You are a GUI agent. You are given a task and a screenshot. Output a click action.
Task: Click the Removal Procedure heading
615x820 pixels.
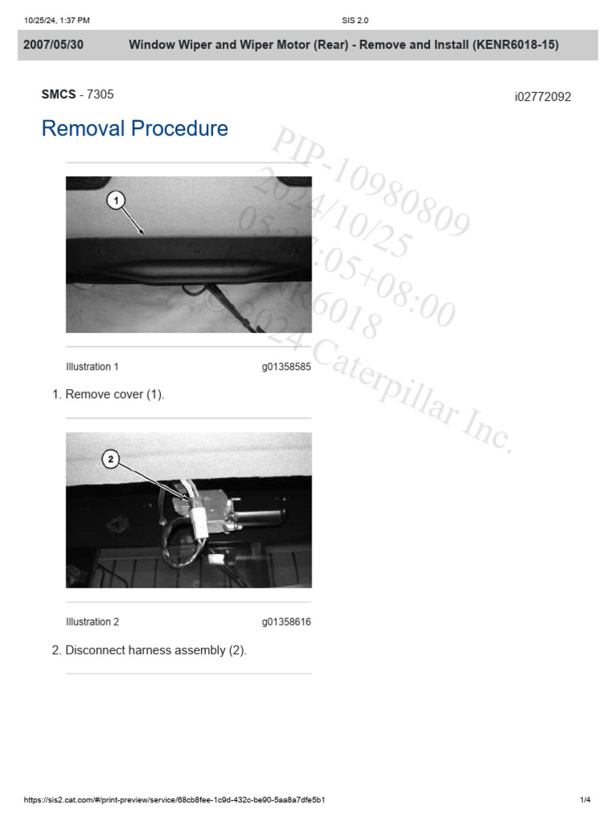click(x=135, y=129)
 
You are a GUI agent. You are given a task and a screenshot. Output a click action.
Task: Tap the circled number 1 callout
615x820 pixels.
click(x=116, y=199)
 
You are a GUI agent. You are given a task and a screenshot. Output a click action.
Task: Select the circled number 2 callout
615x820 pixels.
click(x=111, y=459)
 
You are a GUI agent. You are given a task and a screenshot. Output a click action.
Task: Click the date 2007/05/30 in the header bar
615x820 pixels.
click(x=54, y=45)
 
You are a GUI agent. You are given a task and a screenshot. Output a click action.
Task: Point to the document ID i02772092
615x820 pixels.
click(x=543, y=97)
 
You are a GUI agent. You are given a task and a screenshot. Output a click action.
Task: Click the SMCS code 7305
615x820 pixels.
click(x=100, y=94)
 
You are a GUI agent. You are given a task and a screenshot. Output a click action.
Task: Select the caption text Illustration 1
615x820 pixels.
click(x=92, y=367)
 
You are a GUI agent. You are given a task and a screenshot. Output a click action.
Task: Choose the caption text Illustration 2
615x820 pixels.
click(x=92, y=621)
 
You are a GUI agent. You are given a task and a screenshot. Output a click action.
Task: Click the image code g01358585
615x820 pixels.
click(x=286, y=367)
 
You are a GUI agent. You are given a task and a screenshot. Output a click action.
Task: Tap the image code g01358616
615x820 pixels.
click(x=286, y=621)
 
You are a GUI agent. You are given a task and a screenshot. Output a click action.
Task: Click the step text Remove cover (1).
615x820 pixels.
click(x=115, y=394)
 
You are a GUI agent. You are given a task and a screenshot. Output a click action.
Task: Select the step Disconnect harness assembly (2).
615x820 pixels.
click(x=156, y=650)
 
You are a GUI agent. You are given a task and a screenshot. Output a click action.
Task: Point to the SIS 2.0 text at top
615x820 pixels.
click(x=355, y=20)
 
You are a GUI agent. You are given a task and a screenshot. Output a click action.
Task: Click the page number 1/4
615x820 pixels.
click(x=585, y=800)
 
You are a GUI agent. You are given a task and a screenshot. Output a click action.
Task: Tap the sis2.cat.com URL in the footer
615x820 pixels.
click(x=174, y=800)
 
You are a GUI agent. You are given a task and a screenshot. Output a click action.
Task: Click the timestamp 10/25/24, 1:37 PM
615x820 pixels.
click(x=57, y=20)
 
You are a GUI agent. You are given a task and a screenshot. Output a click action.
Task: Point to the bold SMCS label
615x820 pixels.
click(x=58, y=94)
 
